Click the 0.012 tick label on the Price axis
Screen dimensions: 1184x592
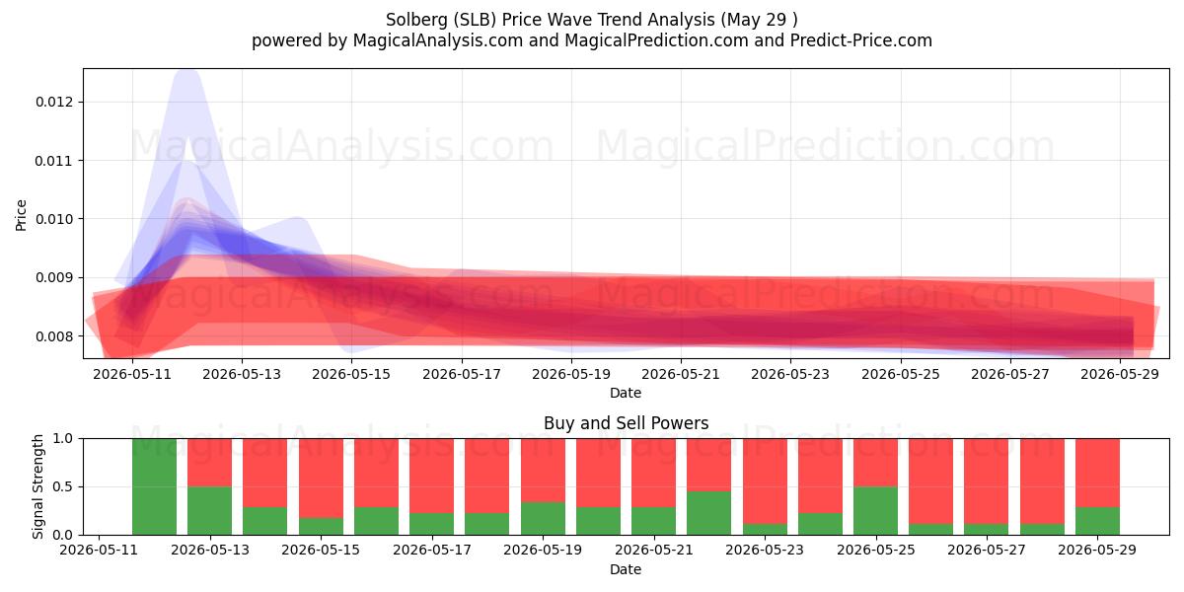tap(54, 102)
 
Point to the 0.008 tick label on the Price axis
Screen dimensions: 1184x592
tap(54, 336)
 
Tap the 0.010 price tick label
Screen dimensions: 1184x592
tap(54, 219)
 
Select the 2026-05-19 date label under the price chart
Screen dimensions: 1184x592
tap(571, 374)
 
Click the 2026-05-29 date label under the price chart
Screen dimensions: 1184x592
tap(1120, 374)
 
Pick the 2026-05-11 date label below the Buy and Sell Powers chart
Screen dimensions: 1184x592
tap(99, 550)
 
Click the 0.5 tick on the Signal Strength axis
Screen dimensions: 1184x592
tap(63, 486)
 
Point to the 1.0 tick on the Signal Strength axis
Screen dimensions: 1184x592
tap(63, 439)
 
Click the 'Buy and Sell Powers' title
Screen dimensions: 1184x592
tap(626, 423)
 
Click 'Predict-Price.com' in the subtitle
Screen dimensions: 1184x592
tap(861, 40)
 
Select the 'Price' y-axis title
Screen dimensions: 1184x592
tap(21, 215)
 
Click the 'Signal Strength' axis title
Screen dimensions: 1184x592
tap(37, 486)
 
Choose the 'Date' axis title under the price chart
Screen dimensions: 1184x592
tap(626, 393)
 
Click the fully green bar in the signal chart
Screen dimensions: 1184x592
tap(154, 486)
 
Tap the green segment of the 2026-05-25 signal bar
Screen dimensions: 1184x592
tap(875, 511)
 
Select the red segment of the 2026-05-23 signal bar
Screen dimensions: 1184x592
tap(765, 481)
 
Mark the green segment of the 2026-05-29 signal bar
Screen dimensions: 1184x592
tap(1097, 521)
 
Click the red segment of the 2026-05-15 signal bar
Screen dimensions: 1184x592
tap(321, 479)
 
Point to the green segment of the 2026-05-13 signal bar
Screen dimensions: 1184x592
tap(210, 511)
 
